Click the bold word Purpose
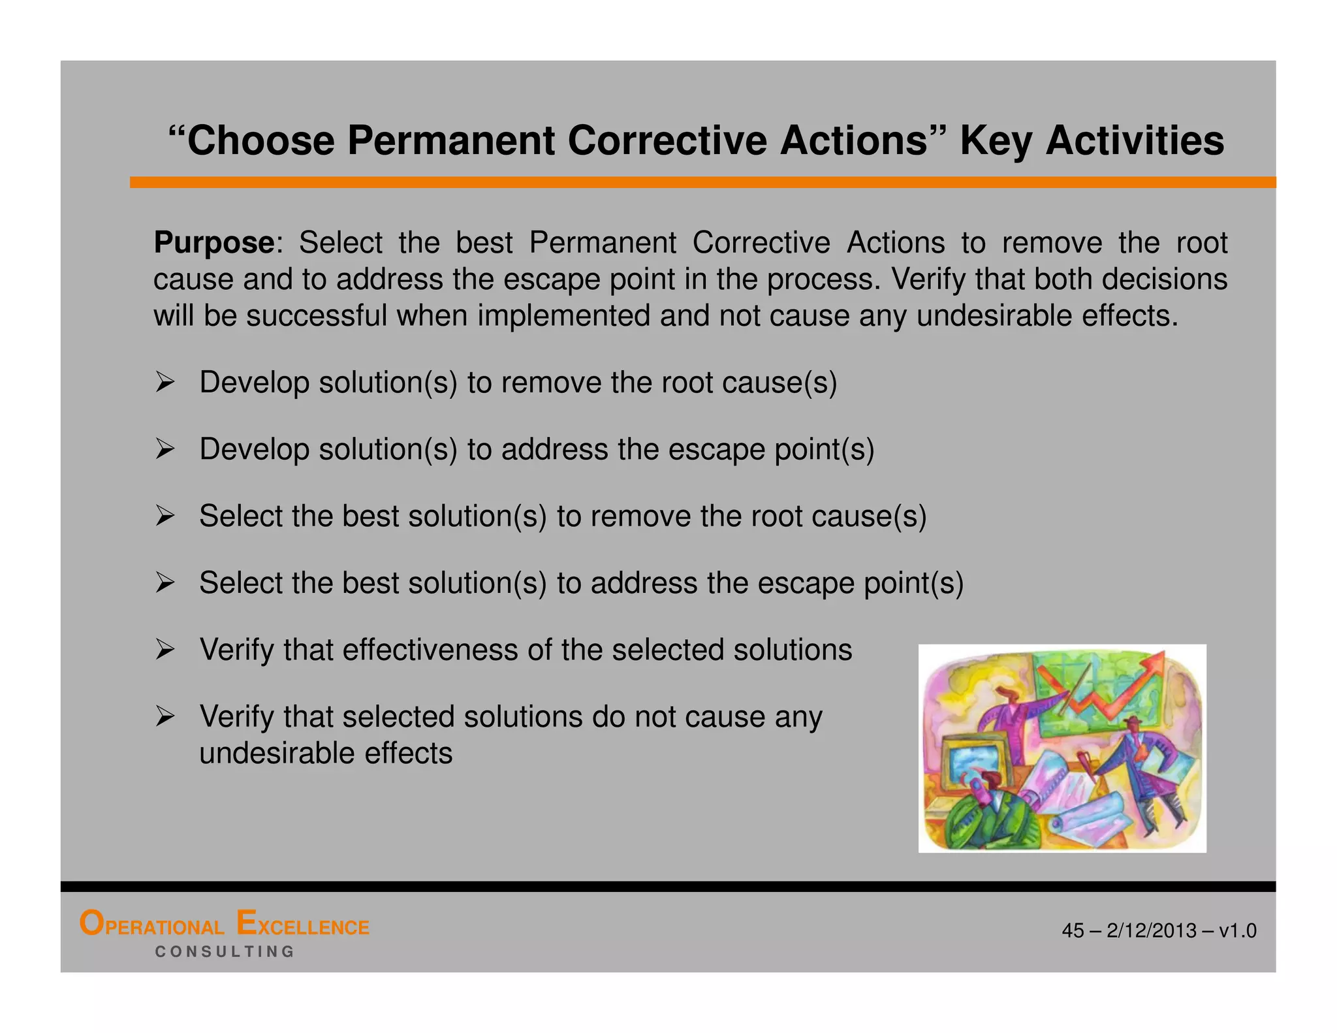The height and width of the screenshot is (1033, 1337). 214,244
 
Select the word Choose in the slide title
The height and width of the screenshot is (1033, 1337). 261,140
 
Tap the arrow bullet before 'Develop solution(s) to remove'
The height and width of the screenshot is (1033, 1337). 165,382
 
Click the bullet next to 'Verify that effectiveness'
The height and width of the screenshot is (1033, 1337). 165,650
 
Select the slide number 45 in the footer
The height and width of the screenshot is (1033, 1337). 1073,930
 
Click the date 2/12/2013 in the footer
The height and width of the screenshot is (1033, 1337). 1152,930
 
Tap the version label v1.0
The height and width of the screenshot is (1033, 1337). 1237,930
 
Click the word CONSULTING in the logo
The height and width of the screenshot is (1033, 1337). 225,952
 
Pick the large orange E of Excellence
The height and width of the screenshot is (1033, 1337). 246,923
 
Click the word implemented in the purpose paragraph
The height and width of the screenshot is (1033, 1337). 564,317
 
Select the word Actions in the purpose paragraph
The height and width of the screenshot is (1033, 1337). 896,244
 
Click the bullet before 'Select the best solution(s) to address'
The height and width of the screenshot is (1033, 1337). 165,582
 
